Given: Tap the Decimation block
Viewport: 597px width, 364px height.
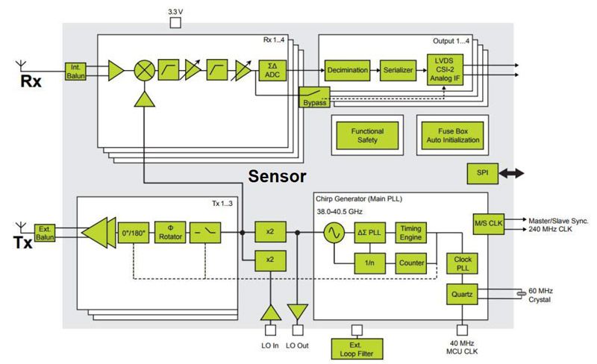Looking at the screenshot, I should (347, 70).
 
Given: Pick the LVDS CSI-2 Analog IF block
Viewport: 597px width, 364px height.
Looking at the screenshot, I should (445, 70).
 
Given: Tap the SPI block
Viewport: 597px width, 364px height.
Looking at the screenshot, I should (481, 173).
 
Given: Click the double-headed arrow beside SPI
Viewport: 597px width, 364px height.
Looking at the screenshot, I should (512, 173).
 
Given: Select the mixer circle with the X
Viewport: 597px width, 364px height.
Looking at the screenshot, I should (144, 70).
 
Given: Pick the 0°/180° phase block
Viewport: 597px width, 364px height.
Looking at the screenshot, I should (134, 233).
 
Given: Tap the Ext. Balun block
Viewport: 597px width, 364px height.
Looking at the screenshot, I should (45, 233).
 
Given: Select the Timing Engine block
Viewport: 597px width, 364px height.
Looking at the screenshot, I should (410, 233).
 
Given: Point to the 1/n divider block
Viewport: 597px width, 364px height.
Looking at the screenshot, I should (369, 263).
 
